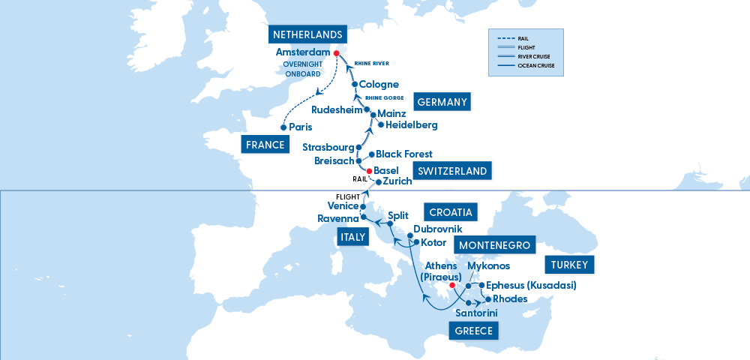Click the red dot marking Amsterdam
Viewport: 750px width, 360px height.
click(x=337, y=53)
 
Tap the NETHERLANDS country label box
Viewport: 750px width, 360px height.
click(x=308, y=35)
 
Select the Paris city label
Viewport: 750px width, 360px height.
click(x=300, y=127)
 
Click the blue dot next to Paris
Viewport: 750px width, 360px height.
click(x=283, y=127)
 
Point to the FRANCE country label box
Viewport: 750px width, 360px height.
click(x=266, y=145)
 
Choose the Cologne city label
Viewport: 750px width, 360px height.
click(x=379, y=85)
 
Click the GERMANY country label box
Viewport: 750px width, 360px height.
click(x=442, y=103)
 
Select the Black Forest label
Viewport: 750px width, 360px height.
click(x=404, y=154)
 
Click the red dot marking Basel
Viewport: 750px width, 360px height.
click(x=369, y=170)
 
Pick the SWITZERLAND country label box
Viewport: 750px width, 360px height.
click(x=452, y=171)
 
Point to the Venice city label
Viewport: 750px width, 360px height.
click(x=342, y=206)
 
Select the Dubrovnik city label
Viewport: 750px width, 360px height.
click(x=438, y=229)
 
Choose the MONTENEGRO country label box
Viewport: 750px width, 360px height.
click(x=494, y=245)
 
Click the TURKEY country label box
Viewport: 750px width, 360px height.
click(x=570, y=265)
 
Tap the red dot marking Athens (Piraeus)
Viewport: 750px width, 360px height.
click(x=451, y=285)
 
